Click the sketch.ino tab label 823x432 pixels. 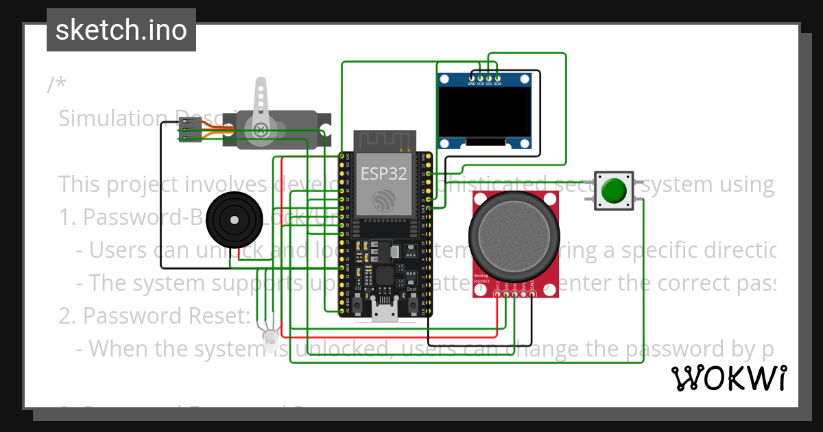point(121,30)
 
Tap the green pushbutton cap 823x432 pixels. point(614,191)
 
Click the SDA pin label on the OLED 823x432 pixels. point(497,84)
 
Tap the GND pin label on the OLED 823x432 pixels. point(472,84)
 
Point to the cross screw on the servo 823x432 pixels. point(261,130)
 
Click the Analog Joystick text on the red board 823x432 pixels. point(482,279)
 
